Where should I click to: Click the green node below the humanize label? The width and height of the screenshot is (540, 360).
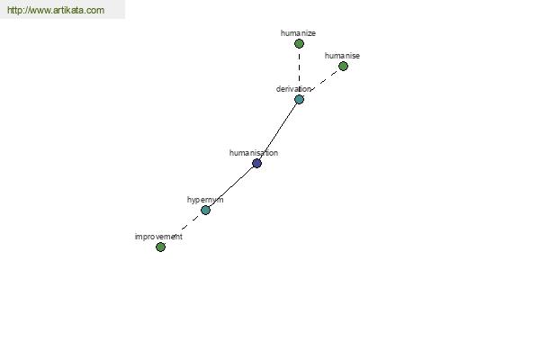[299, 43]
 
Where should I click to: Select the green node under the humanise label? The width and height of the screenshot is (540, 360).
[343, 66]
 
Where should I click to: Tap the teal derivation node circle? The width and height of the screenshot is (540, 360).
[299, 99]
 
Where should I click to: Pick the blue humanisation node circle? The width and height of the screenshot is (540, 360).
[256, 163]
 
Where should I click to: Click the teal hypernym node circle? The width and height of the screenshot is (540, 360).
[205, 210]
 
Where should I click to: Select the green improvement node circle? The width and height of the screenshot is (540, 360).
[160, 247]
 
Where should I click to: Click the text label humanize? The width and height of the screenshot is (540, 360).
[298, 33]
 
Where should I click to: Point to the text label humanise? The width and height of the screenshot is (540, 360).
[342, 56]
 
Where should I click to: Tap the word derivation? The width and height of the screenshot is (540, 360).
[293, 89]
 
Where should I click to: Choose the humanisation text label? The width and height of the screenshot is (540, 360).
[254, 153]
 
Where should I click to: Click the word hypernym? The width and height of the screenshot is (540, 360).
[205, 200]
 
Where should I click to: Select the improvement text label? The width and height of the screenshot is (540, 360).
[158, 237]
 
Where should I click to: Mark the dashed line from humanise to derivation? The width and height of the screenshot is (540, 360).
[322, 82]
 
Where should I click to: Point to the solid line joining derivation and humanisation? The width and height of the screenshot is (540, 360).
[278, 130]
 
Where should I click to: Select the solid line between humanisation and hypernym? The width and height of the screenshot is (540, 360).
[231, 186]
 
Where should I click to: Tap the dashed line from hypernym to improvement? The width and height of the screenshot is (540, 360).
[183, 229]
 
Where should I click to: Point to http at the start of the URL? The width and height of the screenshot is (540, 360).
[15, 11]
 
